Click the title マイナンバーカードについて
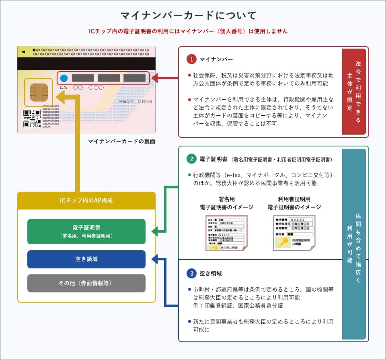pos(189,16)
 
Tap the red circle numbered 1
pos(191,59)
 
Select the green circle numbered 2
pos(191,159)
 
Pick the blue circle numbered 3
pos(191,274)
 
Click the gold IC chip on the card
pos(39,92)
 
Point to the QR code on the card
pos(32,118)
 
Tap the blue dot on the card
pos(64,78)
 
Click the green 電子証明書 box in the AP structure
pos(86,231)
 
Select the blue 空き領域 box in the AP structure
pos(86,259)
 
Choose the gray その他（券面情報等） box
pos(86,283)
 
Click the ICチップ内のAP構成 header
pos(86,200)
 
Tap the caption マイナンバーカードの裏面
pos(121,141)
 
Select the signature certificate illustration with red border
pos(226,233)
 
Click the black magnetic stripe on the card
pos(86,64)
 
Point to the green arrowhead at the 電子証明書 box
pos(155,231)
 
